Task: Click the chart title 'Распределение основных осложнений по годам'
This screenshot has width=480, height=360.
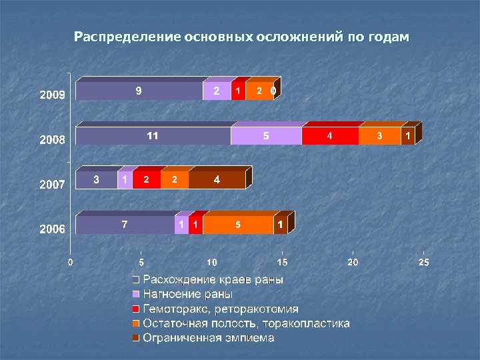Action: (241, 36)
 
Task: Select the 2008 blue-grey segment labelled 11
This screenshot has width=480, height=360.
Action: (153, 136)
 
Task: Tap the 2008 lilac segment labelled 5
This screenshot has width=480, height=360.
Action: (266, 136)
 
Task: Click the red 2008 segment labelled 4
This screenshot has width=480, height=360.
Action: (330, 136)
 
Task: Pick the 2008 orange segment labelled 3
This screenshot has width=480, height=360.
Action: (379, 136)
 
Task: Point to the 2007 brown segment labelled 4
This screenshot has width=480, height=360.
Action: (217, 180)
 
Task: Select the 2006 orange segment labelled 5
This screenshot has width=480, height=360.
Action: (238, 225)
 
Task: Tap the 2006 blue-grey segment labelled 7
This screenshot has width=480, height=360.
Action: (125, 225)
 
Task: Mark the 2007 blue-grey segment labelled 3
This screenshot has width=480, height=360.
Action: (97, 180)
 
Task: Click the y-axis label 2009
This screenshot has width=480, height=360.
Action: (51, 95)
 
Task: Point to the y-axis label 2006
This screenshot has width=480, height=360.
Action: (51, 229)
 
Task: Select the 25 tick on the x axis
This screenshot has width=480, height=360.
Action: (423, 263)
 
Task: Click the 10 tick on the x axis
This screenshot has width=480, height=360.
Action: (211, 263)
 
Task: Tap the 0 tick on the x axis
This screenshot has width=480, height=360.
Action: (71, 263)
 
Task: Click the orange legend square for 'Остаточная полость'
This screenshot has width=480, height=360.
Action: (135, 324)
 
